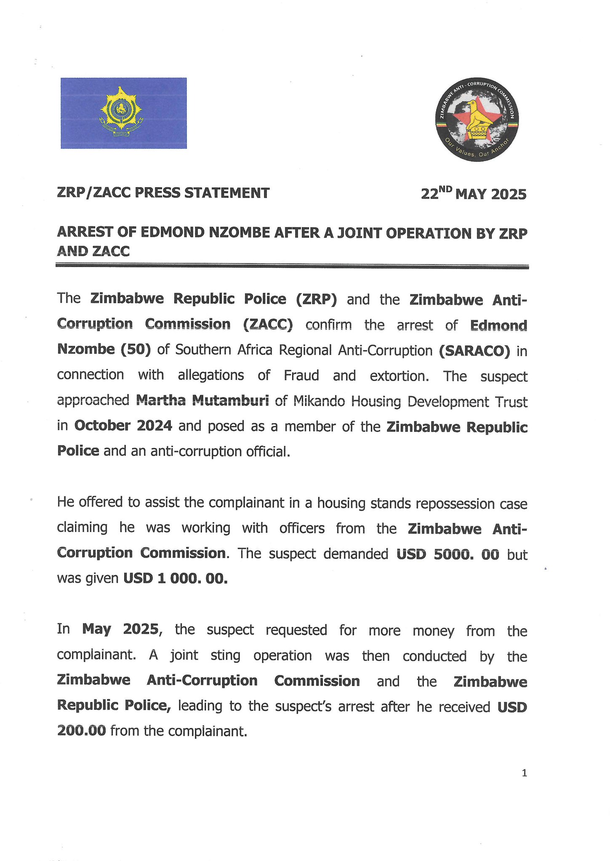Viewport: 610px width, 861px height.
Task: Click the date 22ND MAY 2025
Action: (474, 194)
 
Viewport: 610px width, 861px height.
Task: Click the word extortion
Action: (399, 375)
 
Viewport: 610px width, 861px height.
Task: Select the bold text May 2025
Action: (120, 629)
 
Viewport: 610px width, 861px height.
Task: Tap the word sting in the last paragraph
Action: (225, 655)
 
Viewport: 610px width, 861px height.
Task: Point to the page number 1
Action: (524, 773)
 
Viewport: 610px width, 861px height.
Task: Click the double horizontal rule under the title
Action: (292, 266)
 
